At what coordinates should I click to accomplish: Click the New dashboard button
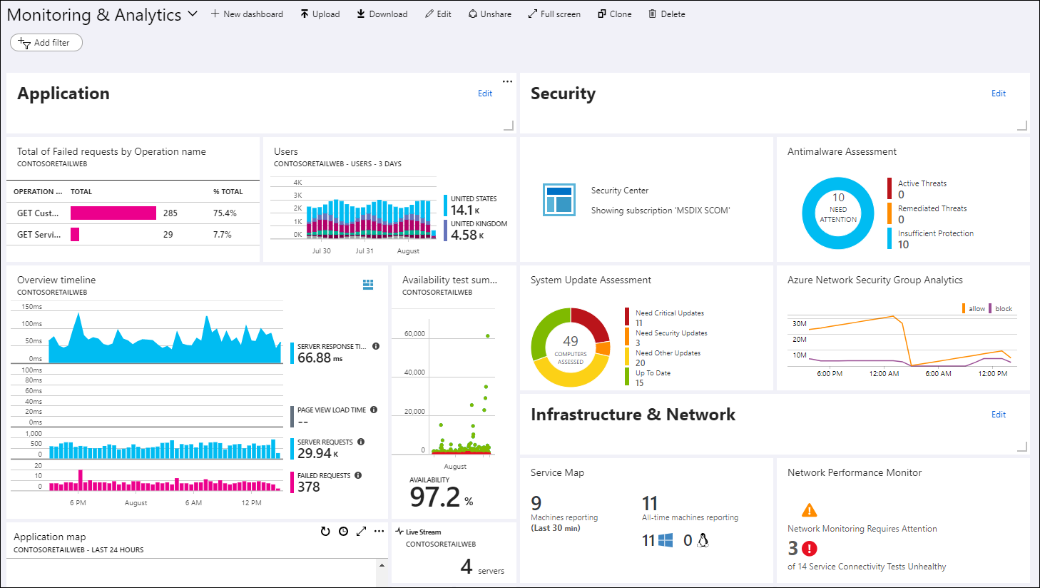[x=247, y=14]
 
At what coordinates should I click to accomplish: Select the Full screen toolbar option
[x=554, y=14]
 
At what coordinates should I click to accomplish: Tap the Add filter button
[x=46, y=43]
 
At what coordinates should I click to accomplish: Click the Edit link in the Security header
[x=998, y=93]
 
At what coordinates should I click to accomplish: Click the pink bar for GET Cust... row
[x=113, y=213]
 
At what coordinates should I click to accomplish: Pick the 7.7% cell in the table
[x=222, y=234]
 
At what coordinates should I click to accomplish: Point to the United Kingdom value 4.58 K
[x=467, y=235]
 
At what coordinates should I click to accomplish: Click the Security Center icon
[x=559, y=200]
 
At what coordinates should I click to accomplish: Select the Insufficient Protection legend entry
[x=935, y=233]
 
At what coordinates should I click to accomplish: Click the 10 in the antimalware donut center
[x=838, y=198]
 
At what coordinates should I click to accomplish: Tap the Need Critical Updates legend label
[x=669, y=313]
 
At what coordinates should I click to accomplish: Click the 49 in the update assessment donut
[x=571, y=342]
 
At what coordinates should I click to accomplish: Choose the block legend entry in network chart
[x=1003, y=309]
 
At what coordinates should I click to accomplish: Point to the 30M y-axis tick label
[x=800, y=324]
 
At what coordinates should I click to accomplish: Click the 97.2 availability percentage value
[x=435, y=497]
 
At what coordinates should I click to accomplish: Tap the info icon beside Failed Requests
[x=358, y=475]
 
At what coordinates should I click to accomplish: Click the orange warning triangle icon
[x=809, y=510]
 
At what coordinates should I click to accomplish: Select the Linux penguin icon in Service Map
[x=703, y=540]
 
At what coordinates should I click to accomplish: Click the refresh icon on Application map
[x=325, y=532]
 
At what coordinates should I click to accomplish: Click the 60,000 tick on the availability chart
[x=414, y=334]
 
